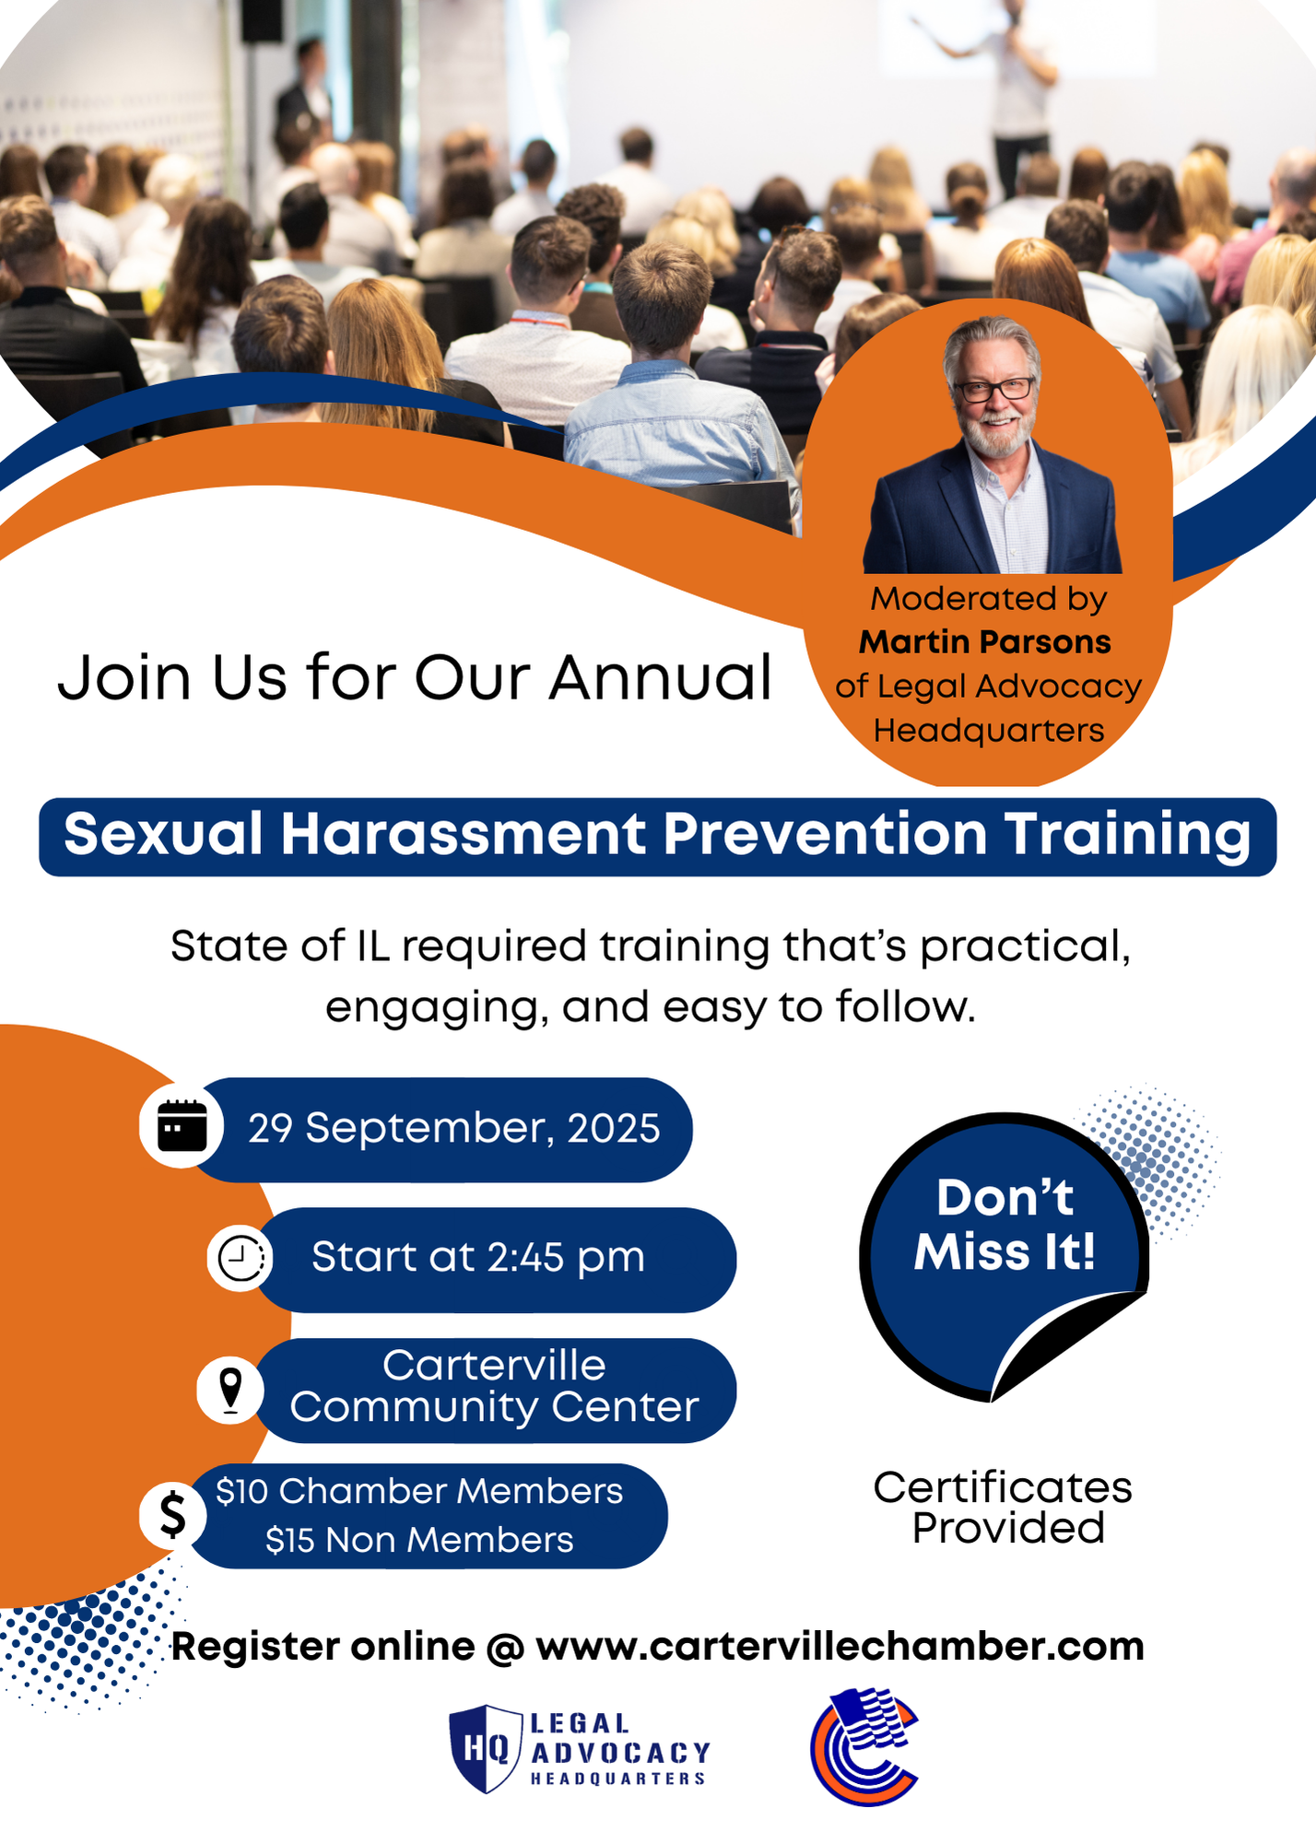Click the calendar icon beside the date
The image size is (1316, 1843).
click(182, 1125)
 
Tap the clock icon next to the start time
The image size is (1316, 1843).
click(241, 1257)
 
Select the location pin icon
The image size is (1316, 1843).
click(230, 1390)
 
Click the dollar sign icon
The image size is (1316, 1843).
click(172, 1514)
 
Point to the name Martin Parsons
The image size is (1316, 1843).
click(985, 641)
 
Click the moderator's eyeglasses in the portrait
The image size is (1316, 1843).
click(995, 390)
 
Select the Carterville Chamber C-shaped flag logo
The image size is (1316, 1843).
click(864, 1746)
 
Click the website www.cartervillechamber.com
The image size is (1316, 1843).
click(840, 1647)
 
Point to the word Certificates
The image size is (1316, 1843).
click(1003, 1487)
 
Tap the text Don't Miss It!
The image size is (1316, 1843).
click(1005, 1225)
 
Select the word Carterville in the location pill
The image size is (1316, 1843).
click(494, 1365)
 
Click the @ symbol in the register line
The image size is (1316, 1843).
click(504, 1648)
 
